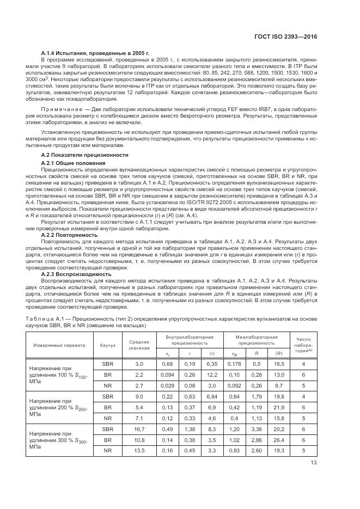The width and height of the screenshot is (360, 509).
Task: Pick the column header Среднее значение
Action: coord(139,345)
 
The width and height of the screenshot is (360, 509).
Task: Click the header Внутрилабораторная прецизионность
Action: coord(190,340)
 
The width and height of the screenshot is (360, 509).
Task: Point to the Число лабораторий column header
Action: coord(302,345)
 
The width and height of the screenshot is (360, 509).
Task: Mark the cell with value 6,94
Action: coord(212,396)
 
